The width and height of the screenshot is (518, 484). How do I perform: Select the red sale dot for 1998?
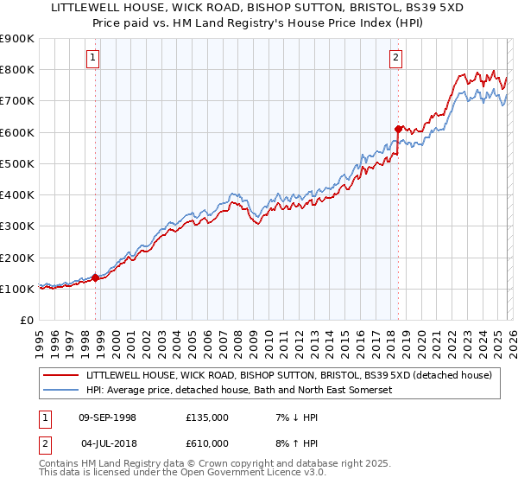click(x=96, y=277)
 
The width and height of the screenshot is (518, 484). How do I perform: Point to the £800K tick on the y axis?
click(x=17, y=69)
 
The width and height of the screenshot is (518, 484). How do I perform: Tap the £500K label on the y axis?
click(x=17, y=163)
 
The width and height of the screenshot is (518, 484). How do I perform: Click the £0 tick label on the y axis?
click(x=26, y=320)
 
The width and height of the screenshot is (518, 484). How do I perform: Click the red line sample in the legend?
click(x=60, y=375)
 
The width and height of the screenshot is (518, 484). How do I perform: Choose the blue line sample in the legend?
click(x=60, y=391)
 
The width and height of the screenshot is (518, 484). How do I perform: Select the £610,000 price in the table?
click(x=207, y=443)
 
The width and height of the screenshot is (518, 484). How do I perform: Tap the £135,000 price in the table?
click(x=207, y=417)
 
